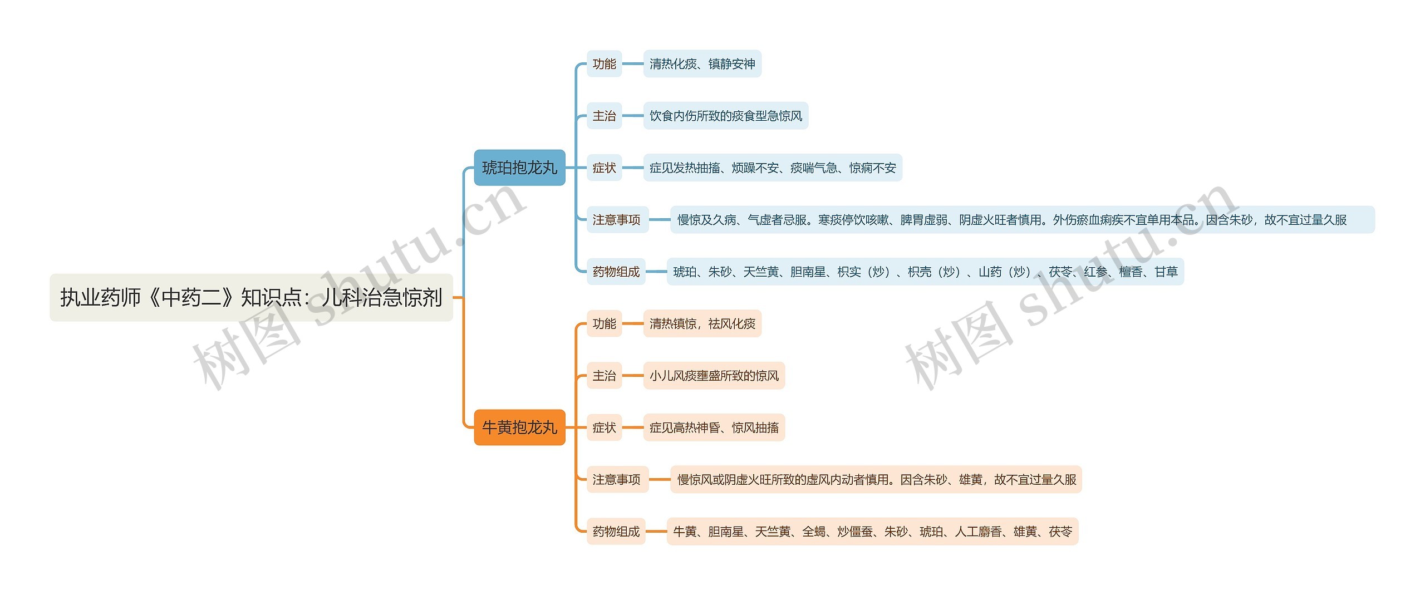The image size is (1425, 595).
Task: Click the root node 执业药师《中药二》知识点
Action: [x=251, y=297]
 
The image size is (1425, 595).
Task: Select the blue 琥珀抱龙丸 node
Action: [x=519, y=168]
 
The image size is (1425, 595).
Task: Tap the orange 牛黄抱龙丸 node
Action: [x=519, y=427]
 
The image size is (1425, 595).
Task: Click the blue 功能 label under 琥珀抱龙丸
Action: [x=604, y=64]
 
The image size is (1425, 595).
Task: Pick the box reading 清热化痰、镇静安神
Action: [x=702, y=64]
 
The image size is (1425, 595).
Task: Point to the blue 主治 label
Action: [x=604, y=116]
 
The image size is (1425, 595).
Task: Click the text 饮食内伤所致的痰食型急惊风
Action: [x=725, y=116]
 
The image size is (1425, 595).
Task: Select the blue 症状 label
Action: [x=604, y=168]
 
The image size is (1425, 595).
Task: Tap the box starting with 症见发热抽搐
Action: [x=772, y=168]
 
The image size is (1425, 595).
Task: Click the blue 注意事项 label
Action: [x=617, y=220]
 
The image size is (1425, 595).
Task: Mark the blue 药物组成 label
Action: [x=616, y=272]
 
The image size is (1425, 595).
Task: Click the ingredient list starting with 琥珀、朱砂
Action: [x=925, y=272]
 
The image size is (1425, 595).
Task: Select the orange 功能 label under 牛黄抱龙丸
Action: [x=604, y=323]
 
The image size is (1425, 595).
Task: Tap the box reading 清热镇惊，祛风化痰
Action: [x=702, y=323]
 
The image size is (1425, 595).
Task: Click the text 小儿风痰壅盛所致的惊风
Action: [x=714, y=376]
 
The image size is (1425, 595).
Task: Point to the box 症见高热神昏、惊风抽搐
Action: [x=714, y=427]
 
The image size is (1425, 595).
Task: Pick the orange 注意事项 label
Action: [x=617, y=479]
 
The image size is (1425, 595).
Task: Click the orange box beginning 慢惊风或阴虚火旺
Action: [x=876, y=479]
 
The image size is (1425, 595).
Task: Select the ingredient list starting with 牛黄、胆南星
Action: [x=872, y=532]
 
